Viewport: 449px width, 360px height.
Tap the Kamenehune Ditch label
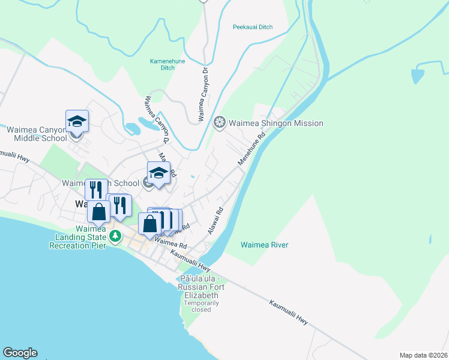[x=166, y=65]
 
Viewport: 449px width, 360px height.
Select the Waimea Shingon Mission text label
[x=276, y=124]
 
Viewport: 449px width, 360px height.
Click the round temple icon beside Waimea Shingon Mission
[x=220, y=124]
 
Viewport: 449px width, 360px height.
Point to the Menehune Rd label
[x=252, y=149]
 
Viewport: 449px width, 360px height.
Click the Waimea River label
[x=264, y=245]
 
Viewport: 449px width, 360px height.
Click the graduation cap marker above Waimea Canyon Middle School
[x=77, y=122]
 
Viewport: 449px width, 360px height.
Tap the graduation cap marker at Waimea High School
[x=158, y=173]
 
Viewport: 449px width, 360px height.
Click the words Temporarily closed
[x=202, y=306]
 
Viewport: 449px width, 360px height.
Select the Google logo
[x=20, y=353]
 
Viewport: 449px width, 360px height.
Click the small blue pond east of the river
[x=418, y=76]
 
